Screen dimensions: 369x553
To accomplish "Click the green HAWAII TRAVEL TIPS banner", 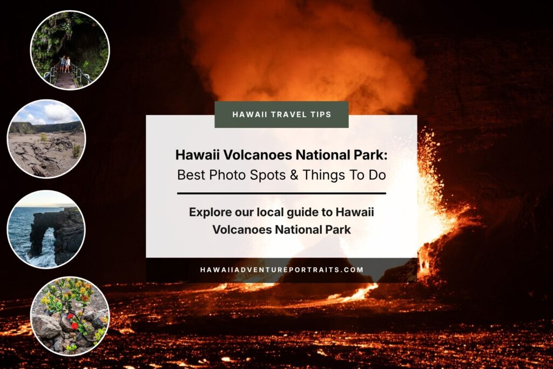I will click(x=281, y=115).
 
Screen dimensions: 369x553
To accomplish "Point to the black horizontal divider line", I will click(x=281, y=193).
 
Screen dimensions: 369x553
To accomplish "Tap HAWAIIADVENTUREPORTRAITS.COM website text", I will click(x=281, y=270).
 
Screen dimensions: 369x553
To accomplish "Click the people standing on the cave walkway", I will click(x=65, y=64).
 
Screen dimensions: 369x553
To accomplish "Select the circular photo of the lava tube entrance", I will click(x=70, y=50).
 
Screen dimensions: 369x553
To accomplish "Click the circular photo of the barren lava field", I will click(x=46, y=139).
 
